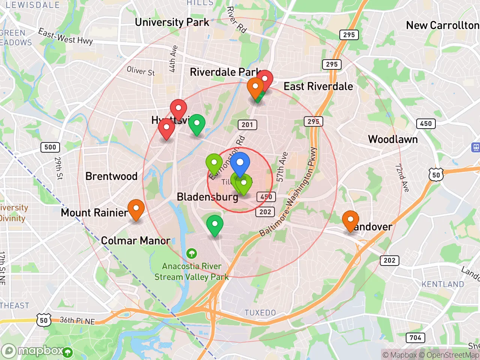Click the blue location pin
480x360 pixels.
(240, 163)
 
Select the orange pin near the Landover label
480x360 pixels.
(350, 220)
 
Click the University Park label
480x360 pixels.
(172, 22)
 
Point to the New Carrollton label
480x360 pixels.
(442, 25)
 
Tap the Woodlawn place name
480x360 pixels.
(393, 139)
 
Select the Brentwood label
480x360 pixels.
(111, 176)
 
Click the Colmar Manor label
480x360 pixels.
(136, 240)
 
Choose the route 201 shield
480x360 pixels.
(247, 124)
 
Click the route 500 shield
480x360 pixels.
(50, 147)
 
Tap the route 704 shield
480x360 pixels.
(415, 337)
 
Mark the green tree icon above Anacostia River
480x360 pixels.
(192, 254)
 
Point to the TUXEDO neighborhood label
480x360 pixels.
(260, 313)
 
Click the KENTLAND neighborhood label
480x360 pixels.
(442, 284)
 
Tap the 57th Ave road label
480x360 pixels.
(282, 167)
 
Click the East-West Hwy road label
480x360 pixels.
(65, 36)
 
